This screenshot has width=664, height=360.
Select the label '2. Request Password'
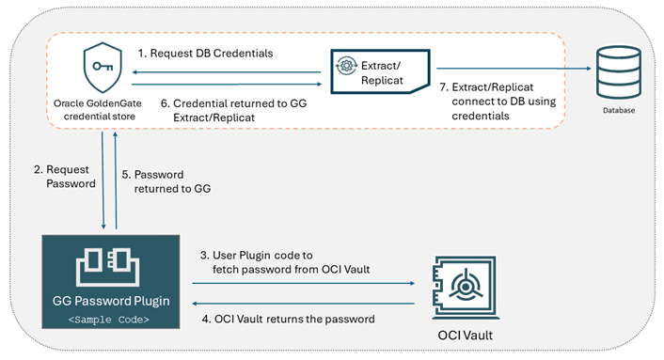pyautogui.click(x=64, y=176)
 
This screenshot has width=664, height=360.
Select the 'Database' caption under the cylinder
pyautogui.click(x=618, y=110)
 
